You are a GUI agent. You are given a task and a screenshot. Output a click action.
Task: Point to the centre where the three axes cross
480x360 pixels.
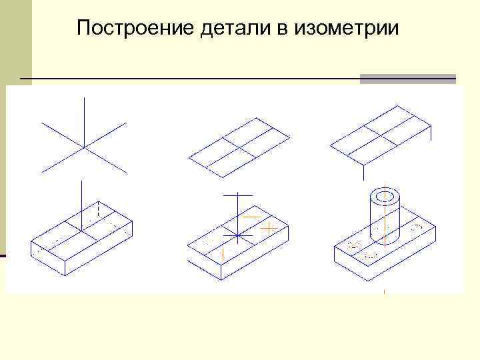84,146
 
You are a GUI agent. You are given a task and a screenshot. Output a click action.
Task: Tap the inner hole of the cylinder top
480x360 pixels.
385,198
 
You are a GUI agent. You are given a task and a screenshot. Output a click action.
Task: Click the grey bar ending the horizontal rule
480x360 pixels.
407,79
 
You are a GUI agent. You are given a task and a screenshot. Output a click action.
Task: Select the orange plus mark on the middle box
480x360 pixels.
269,227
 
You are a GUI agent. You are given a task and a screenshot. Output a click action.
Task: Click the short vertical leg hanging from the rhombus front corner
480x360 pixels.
363,172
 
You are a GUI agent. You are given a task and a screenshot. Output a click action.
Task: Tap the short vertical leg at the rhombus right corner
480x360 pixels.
431,132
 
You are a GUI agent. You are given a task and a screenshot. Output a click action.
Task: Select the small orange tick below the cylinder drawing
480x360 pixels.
385,291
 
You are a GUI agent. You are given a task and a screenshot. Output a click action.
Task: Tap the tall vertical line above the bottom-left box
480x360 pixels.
80,200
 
